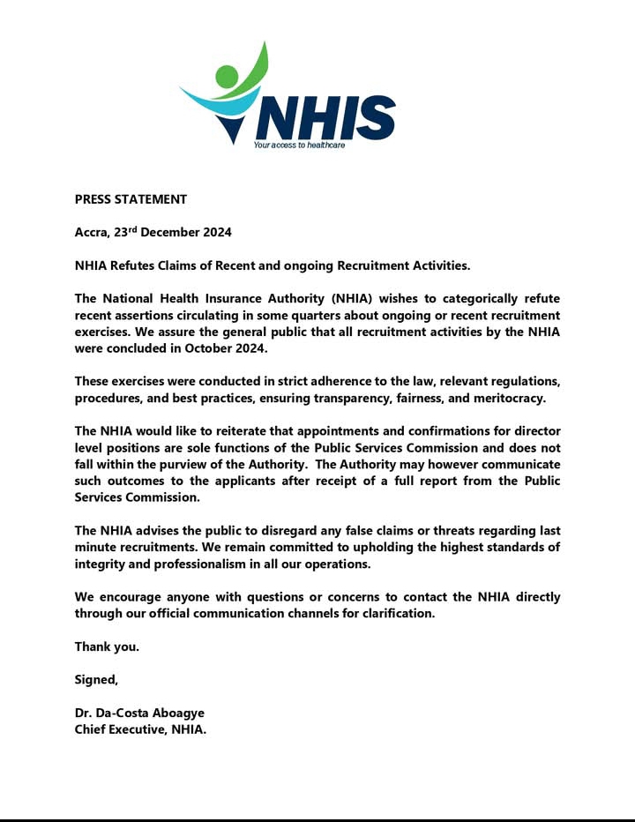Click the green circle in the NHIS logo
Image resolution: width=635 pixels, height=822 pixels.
pos(227,77)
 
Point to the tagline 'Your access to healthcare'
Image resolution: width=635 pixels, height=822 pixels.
pos(299,145)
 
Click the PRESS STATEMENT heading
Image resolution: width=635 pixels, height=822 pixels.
pos(131,199)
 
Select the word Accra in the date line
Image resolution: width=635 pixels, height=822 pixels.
pos(91,233)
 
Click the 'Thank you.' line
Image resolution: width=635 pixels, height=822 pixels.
pos(107,646)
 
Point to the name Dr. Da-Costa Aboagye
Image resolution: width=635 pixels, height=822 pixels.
pos(139,713)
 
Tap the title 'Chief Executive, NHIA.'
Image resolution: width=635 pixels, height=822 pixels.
pos(140,729)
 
